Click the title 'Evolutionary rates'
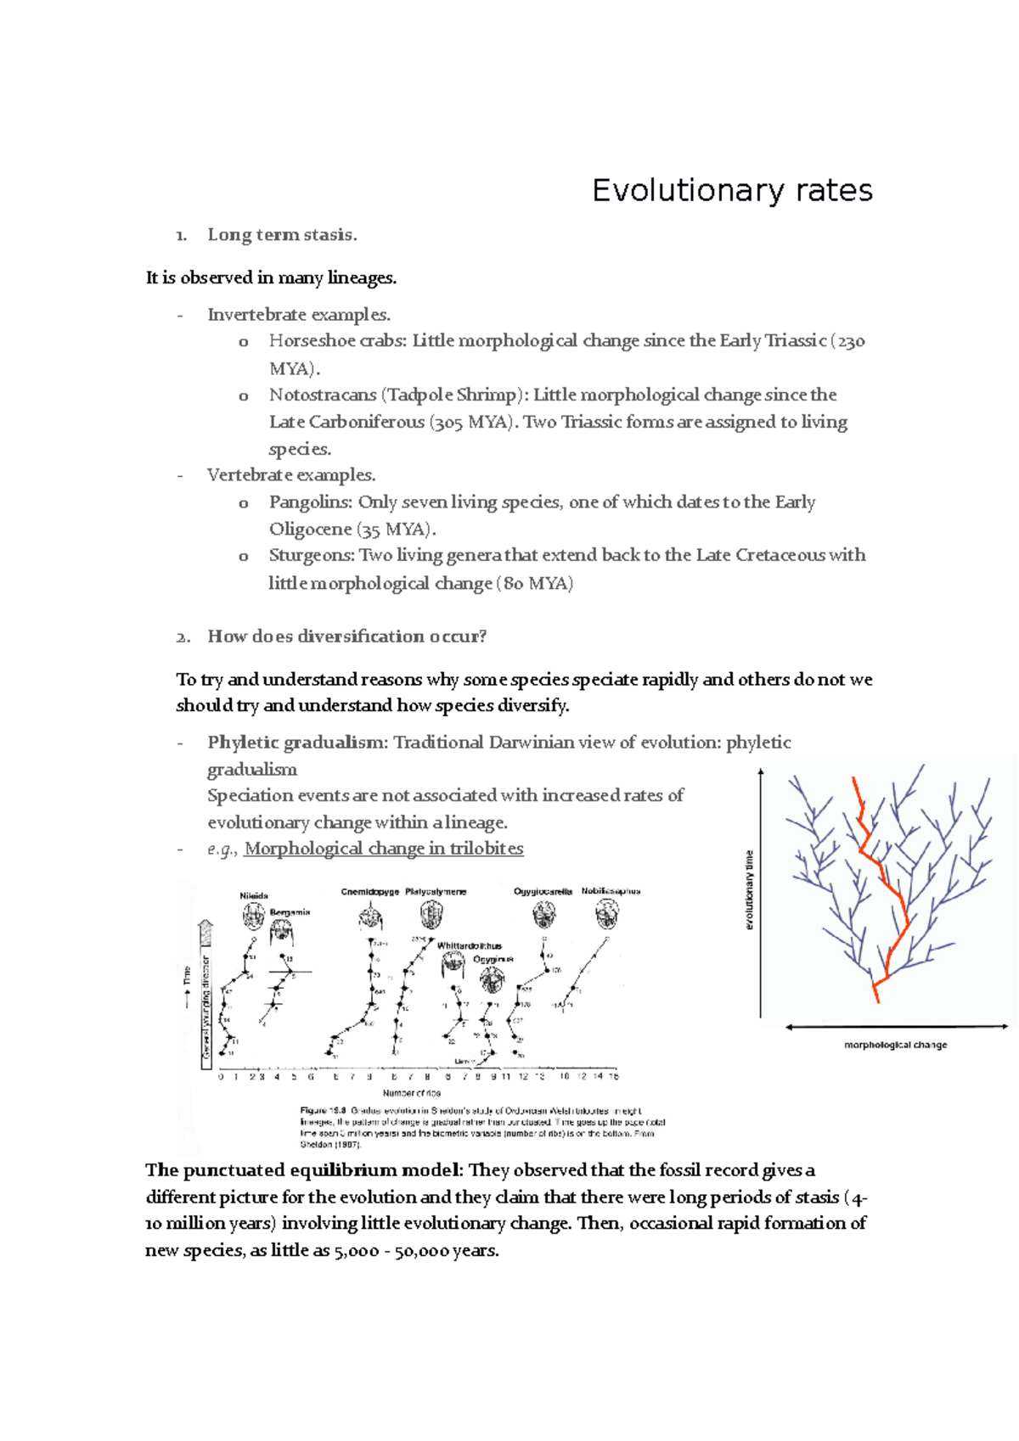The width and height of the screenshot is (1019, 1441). (732, 190)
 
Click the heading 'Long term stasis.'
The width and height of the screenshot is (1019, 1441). (282, 235)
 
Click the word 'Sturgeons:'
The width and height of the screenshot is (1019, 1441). (312, 556)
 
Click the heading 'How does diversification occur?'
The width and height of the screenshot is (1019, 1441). (346, 636)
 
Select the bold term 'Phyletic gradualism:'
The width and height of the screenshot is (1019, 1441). (297, 743)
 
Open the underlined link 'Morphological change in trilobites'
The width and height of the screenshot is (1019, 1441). (383, 849)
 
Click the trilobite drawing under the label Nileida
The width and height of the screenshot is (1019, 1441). (254, 915)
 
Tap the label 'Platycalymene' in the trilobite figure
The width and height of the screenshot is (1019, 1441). (436, 892)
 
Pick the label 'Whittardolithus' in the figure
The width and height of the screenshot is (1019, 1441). (469, 945)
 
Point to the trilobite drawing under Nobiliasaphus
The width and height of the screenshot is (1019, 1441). (607, 915)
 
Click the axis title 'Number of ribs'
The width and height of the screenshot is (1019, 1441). (411, 1093)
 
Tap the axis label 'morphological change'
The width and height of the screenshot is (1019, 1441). (895, 1046)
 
